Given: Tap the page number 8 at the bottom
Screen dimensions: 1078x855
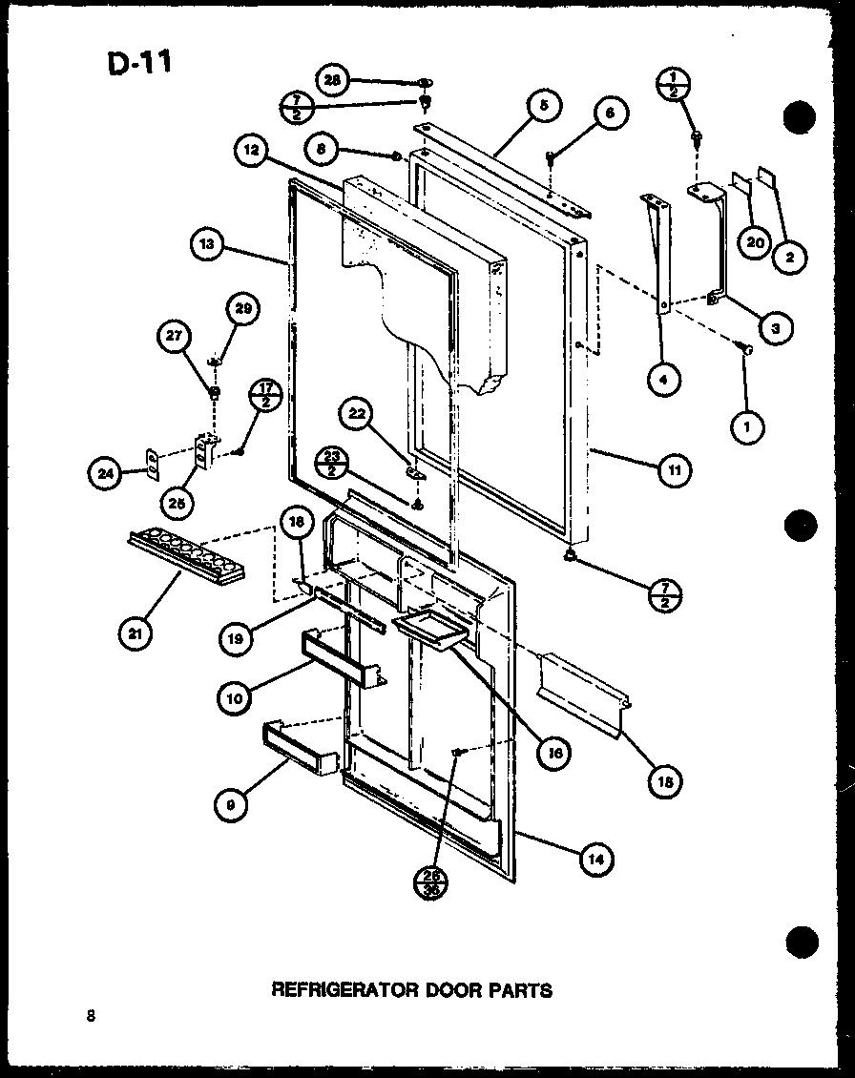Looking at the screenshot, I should (90, 1016).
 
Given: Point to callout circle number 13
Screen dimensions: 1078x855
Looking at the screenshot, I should (206, 244).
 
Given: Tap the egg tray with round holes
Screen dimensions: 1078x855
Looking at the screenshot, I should (187, 559).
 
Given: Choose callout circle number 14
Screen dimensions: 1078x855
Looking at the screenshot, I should (595, 859).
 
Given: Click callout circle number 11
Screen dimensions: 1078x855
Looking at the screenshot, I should (675, 469).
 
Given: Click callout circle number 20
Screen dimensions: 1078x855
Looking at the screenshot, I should (754, 242).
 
